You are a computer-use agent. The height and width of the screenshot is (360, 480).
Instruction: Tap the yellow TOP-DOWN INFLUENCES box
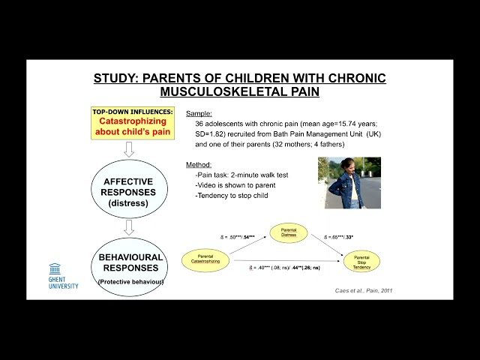[132, 122]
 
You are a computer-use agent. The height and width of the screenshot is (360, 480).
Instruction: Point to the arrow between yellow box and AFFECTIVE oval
[129, 149]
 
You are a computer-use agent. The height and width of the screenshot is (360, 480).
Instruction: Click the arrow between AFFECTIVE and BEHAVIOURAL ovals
[129, 226]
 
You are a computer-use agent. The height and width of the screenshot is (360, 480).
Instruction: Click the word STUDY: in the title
[116, 78]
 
